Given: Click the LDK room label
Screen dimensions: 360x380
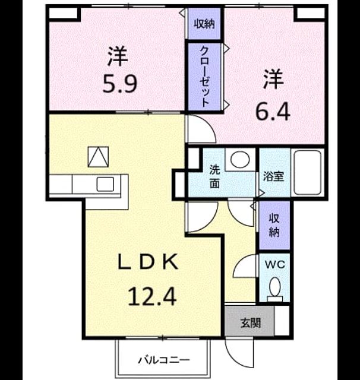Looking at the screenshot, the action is click(x=148, y=262).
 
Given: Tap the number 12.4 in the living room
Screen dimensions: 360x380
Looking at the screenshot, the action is click(x=151, y=296).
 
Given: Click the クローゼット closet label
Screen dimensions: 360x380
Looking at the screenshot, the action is click(x=204, y=77).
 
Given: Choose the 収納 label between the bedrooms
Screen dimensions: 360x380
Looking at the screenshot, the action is click(x=204, y=24).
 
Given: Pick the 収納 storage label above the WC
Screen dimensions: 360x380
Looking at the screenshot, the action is click(x=274, y=226).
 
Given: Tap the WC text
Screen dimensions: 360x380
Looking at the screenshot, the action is click(x=274, y=265).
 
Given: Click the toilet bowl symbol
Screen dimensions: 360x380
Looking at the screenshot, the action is click(x=274, y=289).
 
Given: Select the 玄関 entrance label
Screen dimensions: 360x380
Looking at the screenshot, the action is click(x=251, y=323).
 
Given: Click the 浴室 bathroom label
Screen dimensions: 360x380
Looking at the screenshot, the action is click(x=274, y=176).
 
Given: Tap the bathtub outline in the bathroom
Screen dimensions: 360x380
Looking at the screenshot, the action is click(x=308, y=172).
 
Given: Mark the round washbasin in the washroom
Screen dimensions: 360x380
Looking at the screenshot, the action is click(x=240, y=160).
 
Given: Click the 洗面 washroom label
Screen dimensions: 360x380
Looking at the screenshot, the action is click(x=215, y=176).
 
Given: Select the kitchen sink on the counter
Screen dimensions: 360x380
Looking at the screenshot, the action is click(x=105, y=184).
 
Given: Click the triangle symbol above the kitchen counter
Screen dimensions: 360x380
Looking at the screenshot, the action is click(x=98, y=157).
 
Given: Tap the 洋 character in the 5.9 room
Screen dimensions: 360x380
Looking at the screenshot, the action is click(x=118, y=56).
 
